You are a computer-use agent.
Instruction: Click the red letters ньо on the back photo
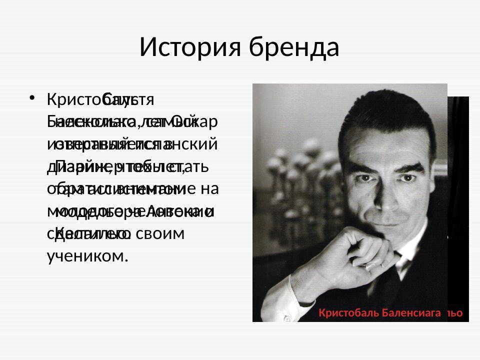point(454,313)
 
